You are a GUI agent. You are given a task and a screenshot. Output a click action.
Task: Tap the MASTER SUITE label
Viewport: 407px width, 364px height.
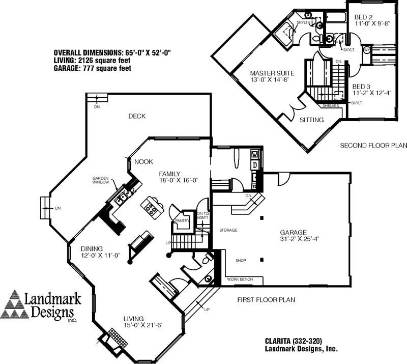click(x=269, y=73)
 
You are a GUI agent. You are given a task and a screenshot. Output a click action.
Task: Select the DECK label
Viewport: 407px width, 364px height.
click(x=136, y=116)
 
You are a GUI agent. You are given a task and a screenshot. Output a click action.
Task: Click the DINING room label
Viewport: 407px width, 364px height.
click(x=92, y=248)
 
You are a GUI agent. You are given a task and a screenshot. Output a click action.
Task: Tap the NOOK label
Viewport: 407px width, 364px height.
click(x=143, y=162)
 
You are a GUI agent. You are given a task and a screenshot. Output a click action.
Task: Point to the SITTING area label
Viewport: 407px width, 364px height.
click(x=310, y=120)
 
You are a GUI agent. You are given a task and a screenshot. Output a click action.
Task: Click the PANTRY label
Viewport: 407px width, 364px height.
click(x=182, y=221)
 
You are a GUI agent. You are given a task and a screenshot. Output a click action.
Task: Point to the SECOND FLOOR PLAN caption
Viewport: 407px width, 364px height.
click(x=373, y=146)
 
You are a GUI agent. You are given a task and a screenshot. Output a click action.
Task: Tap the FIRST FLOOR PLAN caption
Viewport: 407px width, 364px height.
click(x=265, y=299)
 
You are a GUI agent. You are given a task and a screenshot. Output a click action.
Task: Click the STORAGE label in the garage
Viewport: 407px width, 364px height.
click(x=228, y=230)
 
